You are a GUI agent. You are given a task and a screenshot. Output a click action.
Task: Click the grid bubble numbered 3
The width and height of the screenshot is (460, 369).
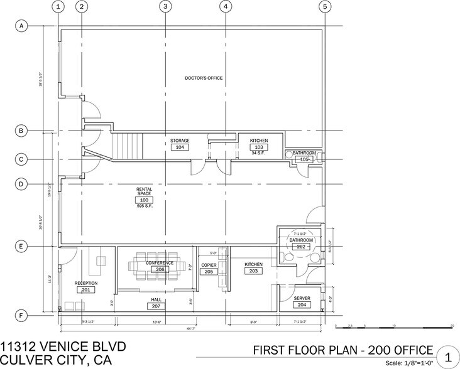point(165,7)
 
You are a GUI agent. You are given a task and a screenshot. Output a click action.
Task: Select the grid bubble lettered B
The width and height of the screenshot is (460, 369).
point(21,131)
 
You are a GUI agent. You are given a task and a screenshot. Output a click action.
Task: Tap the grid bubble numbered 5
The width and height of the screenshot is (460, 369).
point(324,7)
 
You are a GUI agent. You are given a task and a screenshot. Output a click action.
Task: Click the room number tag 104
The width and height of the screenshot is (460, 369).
point(180,147)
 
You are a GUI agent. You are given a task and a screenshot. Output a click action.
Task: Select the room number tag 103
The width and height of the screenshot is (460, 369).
point(259,147)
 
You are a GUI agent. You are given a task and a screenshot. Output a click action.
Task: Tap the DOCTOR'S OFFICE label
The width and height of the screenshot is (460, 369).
point(204,78)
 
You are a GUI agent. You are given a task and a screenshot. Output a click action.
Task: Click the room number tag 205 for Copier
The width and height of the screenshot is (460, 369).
point(209,272)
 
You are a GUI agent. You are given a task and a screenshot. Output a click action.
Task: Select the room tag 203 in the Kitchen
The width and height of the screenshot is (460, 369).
point(253,272)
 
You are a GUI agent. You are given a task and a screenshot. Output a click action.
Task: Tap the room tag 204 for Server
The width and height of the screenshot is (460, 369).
point(302,304)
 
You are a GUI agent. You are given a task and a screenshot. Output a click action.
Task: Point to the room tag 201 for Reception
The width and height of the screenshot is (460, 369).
point(85,290)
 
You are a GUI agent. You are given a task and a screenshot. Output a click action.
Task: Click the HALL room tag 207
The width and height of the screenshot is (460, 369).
point(156,307)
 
